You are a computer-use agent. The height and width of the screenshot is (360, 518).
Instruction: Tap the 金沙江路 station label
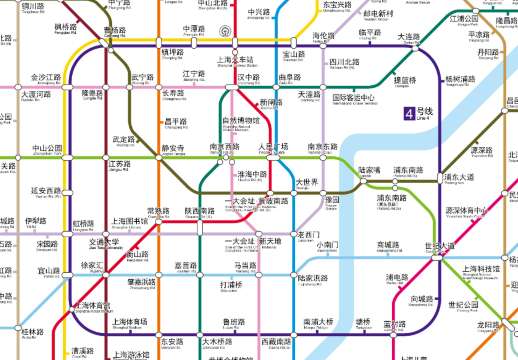tap(47, 77)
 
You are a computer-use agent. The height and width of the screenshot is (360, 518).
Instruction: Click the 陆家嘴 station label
tap(369, 171)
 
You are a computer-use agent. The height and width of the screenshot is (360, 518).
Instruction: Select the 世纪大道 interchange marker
tap(439, 246)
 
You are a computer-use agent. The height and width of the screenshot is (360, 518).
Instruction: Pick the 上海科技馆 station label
tap(482, 269)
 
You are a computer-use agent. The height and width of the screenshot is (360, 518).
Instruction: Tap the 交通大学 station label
tap(104, 241)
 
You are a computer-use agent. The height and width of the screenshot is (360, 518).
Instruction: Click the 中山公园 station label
tap(46, 148)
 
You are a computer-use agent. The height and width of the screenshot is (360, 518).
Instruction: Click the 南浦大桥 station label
tap(317, 321)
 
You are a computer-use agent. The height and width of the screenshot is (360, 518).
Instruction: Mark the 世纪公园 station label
tap(464, 305)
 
